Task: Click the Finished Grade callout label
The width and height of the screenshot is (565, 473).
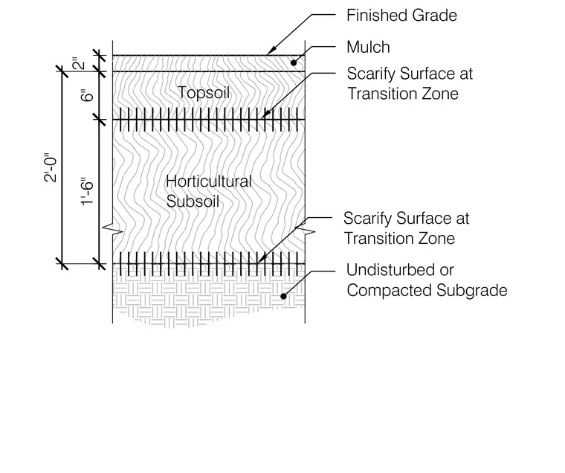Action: click(401, 16)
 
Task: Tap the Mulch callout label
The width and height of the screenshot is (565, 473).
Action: click(368, 48)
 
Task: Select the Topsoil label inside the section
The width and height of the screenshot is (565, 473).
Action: click(204, 93)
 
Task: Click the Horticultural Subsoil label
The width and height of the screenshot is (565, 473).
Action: click(209, 191)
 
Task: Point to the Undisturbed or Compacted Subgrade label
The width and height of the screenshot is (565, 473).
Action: click(427, 280)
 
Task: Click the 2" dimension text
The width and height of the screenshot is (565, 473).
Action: click(80, 63)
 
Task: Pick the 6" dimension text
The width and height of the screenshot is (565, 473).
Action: click(88, 95)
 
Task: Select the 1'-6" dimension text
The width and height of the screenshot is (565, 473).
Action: click(87, 191)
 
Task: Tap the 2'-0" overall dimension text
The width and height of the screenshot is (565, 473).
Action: click(51, 169)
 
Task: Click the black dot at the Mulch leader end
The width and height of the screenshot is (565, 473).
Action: click(294, 62)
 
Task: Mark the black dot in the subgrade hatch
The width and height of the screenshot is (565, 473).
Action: click(283, 296)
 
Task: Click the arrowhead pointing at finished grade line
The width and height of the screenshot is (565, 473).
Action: click(271, 51)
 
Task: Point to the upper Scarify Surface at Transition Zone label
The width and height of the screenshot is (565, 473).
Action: click(410, 83)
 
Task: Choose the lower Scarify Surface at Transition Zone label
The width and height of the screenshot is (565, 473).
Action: click(406, 228)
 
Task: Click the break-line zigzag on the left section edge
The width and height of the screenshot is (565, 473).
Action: click(112, 229)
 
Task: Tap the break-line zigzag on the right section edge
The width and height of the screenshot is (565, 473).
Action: click(306, 230)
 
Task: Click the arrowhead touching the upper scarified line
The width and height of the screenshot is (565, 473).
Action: click(265, 115)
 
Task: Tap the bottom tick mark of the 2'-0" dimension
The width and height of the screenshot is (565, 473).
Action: click(62, 264)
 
